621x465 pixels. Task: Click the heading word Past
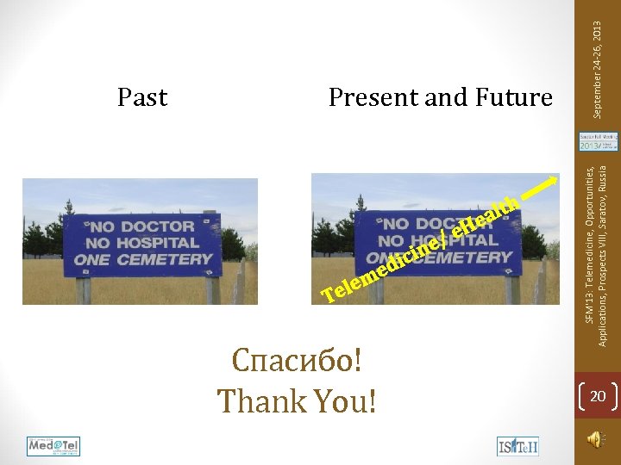click(x=142, y=98)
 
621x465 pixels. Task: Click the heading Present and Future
click(x=440, y=98)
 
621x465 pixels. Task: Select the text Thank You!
click(x=297, y=400)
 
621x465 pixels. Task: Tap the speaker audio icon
click(x=594, y=439)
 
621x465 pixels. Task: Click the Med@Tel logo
click(x=53, y=446)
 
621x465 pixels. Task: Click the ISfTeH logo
click(x=517, y=446)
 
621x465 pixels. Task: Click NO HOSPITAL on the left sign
click(x=140, y=243)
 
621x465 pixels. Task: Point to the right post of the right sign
click(x=513, y=289)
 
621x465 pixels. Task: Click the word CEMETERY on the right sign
click(x=471, y=257)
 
